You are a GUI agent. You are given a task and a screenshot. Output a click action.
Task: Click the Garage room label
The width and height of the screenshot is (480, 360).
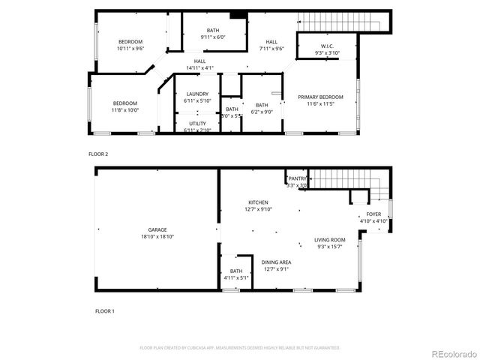(x=157, y=232)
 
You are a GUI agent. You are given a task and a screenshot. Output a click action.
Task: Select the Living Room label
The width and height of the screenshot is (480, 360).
(x=329, y=243)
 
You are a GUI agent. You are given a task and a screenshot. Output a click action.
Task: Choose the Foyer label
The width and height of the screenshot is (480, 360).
(x=373, y=217)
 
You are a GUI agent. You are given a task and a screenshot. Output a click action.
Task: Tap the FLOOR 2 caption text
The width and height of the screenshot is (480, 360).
(x=98, y=154)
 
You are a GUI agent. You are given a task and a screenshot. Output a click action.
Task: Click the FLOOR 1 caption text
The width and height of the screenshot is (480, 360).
(x=105, y=310)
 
